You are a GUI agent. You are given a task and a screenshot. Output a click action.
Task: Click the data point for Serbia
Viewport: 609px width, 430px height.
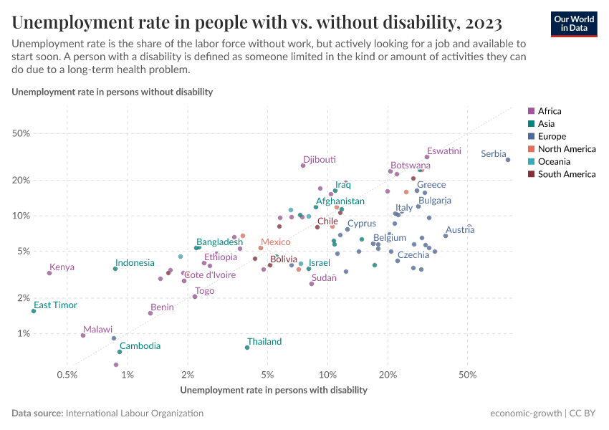click(508, 160)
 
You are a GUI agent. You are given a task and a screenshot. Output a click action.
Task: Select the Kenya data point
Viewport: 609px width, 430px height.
click(49, 273)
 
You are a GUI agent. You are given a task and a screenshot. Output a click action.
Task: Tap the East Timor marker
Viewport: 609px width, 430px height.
click(34, 311)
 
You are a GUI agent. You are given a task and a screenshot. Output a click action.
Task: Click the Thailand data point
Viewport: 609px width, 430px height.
click(247, 348)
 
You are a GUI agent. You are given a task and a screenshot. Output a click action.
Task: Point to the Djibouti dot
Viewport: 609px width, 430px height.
click(303, 166)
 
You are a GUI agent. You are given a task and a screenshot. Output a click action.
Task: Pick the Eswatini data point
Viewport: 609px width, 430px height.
click(427, 157)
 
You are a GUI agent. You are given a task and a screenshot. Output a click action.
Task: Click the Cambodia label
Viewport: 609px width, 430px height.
click(140, 346)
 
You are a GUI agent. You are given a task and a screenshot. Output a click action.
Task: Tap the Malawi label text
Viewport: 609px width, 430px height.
click(97, 329)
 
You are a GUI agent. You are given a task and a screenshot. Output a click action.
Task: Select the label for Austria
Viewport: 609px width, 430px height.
click(460, 230)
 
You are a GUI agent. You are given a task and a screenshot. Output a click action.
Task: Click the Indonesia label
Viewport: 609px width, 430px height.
click(135, 263)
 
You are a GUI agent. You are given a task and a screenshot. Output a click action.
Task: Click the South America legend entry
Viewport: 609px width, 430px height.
click(566, 174)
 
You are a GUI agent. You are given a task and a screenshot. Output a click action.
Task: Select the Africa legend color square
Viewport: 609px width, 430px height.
click(531, 111)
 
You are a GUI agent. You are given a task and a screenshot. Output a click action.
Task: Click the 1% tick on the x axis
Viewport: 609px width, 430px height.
click(128, 375)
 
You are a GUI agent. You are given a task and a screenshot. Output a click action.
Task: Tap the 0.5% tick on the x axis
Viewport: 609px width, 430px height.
click(67, 375)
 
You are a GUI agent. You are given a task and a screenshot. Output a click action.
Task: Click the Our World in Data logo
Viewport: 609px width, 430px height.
click(573, 24)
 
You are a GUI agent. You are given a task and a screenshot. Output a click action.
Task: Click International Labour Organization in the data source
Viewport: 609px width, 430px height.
click(134, 414)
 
